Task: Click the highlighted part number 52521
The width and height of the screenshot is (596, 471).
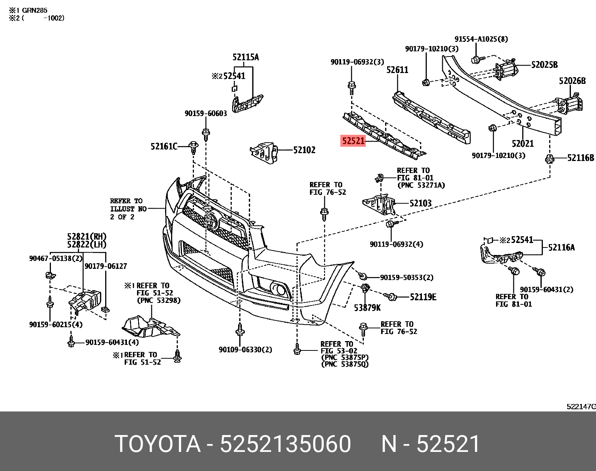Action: [x=353, y=141]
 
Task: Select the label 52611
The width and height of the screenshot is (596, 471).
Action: [x=397, y=70]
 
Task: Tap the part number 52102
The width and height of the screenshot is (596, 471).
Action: [x=304, y=150]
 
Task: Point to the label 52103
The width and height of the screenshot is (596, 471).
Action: [x=420, y=203]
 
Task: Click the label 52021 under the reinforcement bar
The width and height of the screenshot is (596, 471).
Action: [x=523, y=143]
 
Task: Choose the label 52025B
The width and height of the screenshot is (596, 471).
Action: [x=544, y=65]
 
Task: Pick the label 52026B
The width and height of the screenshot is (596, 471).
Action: [x=572, y=81]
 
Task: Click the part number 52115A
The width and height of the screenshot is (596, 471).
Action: [x=245, y=57]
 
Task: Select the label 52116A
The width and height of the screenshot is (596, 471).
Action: [x=561, y=247]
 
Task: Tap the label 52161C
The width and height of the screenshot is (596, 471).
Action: [x=164, y=146]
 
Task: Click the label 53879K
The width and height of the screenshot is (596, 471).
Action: [x=367, y=307]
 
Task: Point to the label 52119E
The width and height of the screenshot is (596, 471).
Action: [x=423, y=297]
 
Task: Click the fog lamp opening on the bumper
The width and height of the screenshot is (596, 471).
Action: [x=278, y=289]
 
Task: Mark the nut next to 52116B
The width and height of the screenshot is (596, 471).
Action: [x=549, y=159]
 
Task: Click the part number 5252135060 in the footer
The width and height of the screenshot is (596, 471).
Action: [x=286, y=444]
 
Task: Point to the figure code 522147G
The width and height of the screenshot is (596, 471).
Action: [x=581, y=407]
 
